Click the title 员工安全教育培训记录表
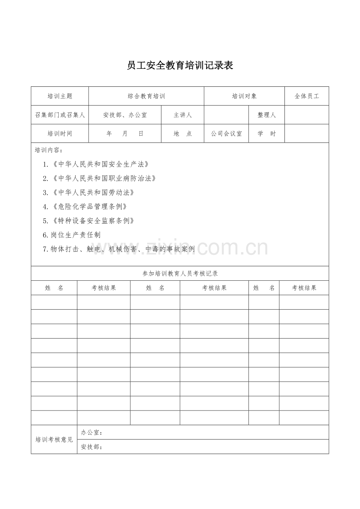pyautogui.click(x=180, y=65)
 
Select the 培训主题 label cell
pyautogui.click(x=60, y=96)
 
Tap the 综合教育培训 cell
pyautogui.click(x=146, y=96)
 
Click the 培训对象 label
pyautogui.click(x=244, y=96)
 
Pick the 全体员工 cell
pyautogui.click(x=307, y=96)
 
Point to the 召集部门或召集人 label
pyautogui.click(x=60, y=115)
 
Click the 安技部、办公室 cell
pyautogui.click(x=125, y=115)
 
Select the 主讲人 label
pyautogui.click(x=183, y=115)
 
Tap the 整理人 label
pyautogui.click(x=266, y=115)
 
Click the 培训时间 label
pyautogui.click(x=60, y=134)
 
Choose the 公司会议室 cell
pyautogui.click(x=226, y=134)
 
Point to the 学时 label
pyautogui.click(x=266, y=134)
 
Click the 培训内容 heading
pyautogui.click(x=48, y=150)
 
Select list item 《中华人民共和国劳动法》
pyautogui.click(x=89, y=192)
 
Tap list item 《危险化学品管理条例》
pyautogui.click(x=86, y=206)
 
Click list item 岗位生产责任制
pyautogui.click(x=72, y=235)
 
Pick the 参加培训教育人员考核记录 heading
pyautogui.click(x=180, y=274)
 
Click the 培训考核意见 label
pyautogui.click(x=54, y=439)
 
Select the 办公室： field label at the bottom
pyautogui.click(x=92, y=432)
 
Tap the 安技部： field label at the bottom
pyautogui.click(x=92, y=447)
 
